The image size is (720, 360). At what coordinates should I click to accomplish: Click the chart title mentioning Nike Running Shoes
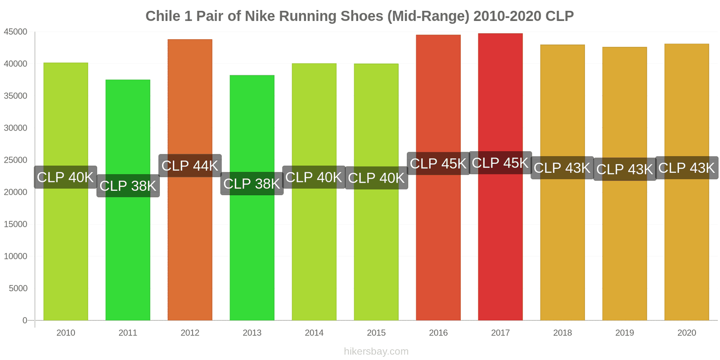[360, 16]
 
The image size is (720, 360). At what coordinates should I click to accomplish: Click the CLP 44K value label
[190, 166]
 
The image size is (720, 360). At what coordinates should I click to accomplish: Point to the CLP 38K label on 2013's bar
[252, 184]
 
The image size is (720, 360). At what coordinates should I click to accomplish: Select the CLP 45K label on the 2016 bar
[438, 163]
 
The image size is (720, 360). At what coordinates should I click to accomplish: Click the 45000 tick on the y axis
[16, 32]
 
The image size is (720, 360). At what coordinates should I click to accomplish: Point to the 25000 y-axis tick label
[16, 160]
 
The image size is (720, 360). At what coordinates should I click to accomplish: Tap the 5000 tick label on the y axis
[18, 288]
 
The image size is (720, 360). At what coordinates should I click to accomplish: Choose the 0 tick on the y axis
[25, 320]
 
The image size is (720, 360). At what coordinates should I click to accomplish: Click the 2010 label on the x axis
[66, 333]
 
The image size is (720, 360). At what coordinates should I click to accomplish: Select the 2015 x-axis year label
[376, 333]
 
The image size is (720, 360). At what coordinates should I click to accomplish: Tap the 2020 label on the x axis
[686, 333]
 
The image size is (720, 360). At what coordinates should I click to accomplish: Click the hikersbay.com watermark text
[376, 351]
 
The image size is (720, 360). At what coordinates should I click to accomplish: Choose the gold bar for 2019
[625, 252]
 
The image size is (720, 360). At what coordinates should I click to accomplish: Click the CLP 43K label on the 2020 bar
[686, 168]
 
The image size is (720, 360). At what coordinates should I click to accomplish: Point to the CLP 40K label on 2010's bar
[66, 177]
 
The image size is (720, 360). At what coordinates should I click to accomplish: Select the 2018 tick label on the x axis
[562, 333]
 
